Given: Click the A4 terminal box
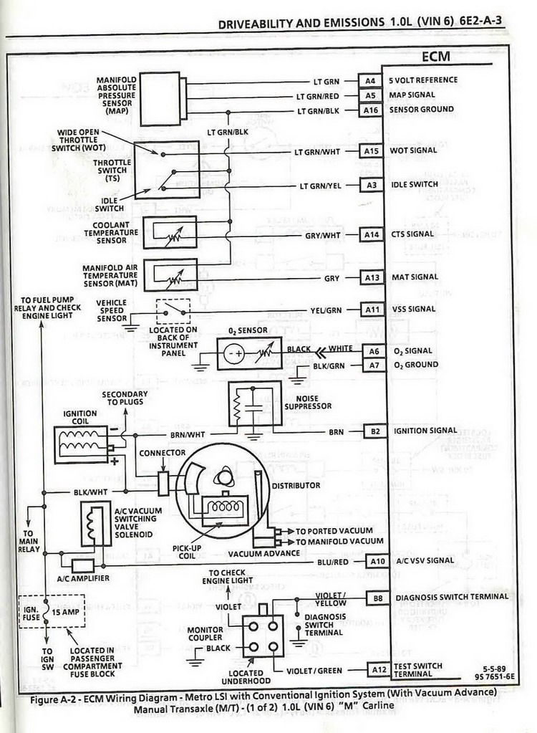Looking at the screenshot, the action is pyautogui.click(x=370, y=81).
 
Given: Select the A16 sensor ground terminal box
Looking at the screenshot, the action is pyautogui.click(x=371, y=110).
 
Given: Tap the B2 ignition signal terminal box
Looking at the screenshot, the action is pyautogui.click(x=375, y=431).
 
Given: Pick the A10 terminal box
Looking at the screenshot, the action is pyautogui.click(x=377, y=561).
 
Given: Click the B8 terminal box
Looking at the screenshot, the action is pyautogui.click(x=378, y=598).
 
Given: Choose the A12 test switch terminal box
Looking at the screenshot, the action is pyautogui.click(x=379, y=670).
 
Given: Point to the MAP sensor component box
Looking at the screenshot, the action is pyautogui.click(x=160, y=99).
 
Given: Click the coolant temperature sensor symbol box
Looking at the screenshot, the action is pyautogui.click(x=170, y=233).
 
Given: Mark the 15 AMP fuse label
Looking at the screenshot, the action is pyautogui.click(x=65, y=612).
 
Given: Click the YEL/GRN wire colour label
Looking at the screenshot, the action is pyautogui.click(x=326, y=310).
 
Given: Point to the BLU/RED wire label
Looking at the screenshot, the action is pyautogui.click(x=332, y=562).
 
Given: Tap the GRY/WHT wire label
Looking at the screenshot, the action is pyautogui.click(x=323, y=236).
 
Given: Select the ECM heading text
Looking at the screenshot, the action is pyautogui.click(x=435, y=57).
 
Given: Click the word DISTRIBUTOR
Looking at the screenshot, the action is pyautogui.click(x=296, y=486).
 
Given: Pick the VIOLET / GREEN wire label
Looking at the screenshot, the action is pyautogui.click(x=314, y=671).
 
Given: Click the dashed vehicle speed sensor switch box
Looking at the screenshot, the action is pyautogui.click(x=173, y=312).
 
